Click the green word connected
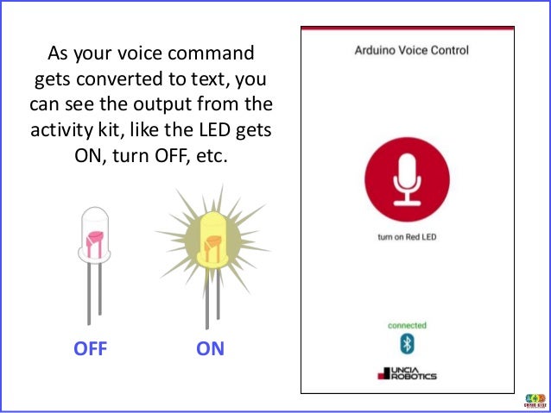click(407, 326)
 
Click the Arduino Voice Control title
click(412, 50)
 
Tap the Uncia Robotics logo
click(407, 374)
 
